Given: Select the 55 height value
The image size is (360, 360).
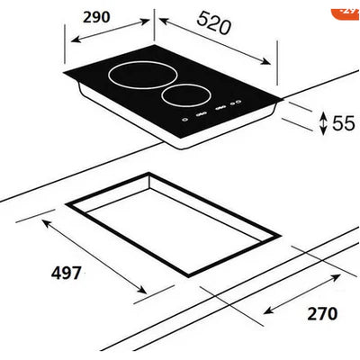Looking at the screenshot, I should pos(343,123).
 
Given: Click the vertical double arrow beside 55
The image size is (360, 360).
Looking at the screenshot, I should pos(322,121).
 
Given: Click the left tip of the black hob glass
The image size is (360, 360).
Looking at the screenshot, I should pos(65,74).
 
